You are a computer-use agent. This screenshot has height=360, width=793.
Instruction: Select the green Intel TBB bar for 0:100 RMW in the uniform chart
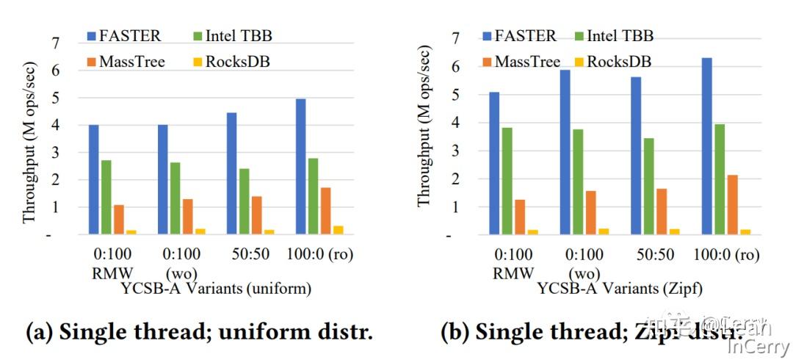tap(106, 197)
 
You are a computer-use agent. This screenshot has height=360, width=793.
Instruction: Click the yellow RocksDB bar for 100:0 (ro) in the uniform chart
tap(338, 230)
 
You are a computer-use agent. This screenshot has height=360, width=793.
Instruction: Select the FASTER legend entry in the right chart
tap(519, 35)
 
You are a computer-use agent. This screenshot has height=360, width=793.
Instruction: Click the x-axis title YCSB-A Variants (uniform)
tap(216, 289)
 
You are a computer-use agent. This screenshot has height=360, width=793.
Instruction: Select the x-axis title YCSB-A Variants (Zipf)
tap(619, 289)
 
